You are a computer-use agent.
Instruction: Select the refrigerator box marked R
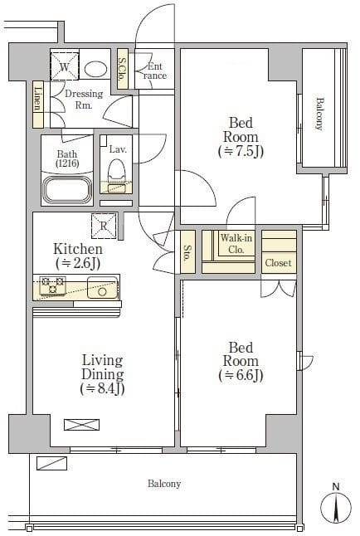click(104, 226)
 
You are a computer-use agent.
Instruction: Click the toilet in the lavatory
click(116, 172)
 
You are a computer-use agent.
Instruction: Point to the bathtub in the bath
click(67, 189)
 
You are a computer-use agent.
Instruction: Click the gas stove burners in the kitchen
click(52, 285)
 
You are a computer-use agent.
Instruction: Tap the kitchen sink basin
click(103, 287)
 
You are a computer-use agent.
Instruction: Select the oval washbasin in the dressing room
click(95, 70)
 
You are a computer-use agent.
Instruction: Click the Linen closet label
click(38, 99)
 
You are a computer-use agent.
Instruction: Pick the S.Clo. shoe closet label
click(122, 69)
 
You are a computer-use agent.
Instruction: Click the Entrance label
click(155, 71)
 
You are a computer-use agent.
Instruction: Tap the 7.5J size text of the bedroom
click(241, 151)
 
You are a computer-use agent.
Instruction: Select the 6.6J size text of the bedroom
click(241, 375)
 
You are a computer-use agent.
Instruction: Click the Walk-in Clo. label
click(236, 243)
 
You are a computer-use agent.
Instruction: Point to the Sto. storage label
click(187, 253)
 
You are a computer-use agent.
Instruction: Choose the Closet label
click(278, 263)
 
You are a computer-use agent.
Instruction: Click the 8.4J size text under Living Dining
click(102, 388)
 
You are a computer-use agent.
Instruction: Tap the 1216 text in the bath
click(67, 163)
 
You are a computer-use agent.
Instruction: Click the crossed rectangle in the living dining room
click(82, 425)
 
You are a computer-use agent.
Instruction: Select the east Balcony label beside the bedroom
click(319, 114)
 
